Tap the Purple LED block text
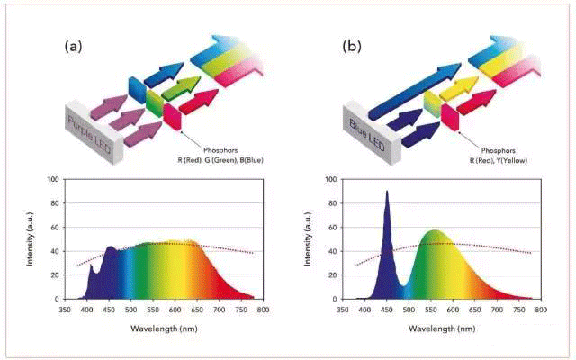(85, 120)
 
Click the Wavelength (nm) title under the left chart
(166, 328)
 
